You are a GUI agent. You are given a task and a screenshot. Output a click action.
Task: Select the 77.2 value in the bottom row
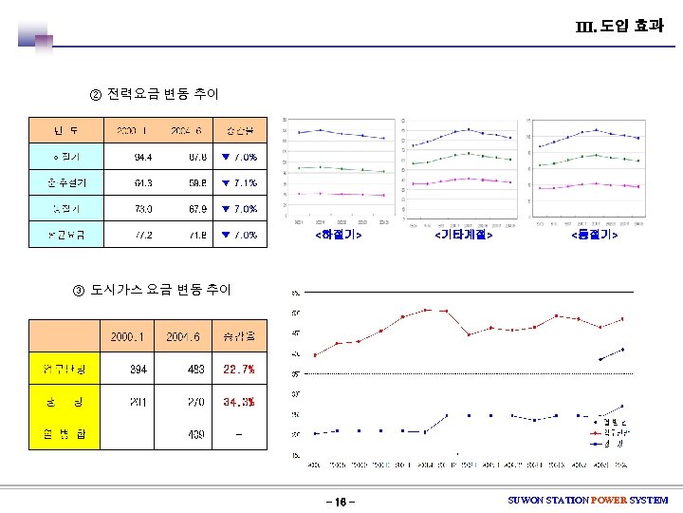(x=141, y=234)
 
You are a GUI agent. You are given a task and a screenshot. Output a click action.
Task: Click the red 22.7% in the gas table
(x=237, y=369)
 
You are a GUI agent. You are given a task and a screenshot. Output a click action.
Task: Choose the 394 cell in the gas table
(x=138, y=369)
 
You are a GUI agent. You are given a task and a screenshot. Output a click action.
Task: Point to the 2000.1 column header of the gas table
(x=127, y=335)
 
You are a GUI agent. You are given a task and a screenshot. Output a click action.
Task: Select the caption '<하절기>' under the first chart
(x=338, y=234)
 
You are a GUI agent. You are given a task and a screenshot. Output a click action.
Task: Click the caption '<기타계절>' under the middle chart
(x=463, y=234)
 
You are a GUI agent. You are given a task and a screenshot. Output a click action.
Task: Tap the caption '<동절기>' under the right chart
(x=594, y=234)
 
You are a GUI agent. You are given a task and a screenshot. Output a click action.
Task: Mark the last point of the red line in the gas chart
(x=622, y=319)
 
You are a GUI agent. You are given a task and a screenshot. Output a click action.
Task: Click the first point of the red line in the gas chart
(x=315, y=354)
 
